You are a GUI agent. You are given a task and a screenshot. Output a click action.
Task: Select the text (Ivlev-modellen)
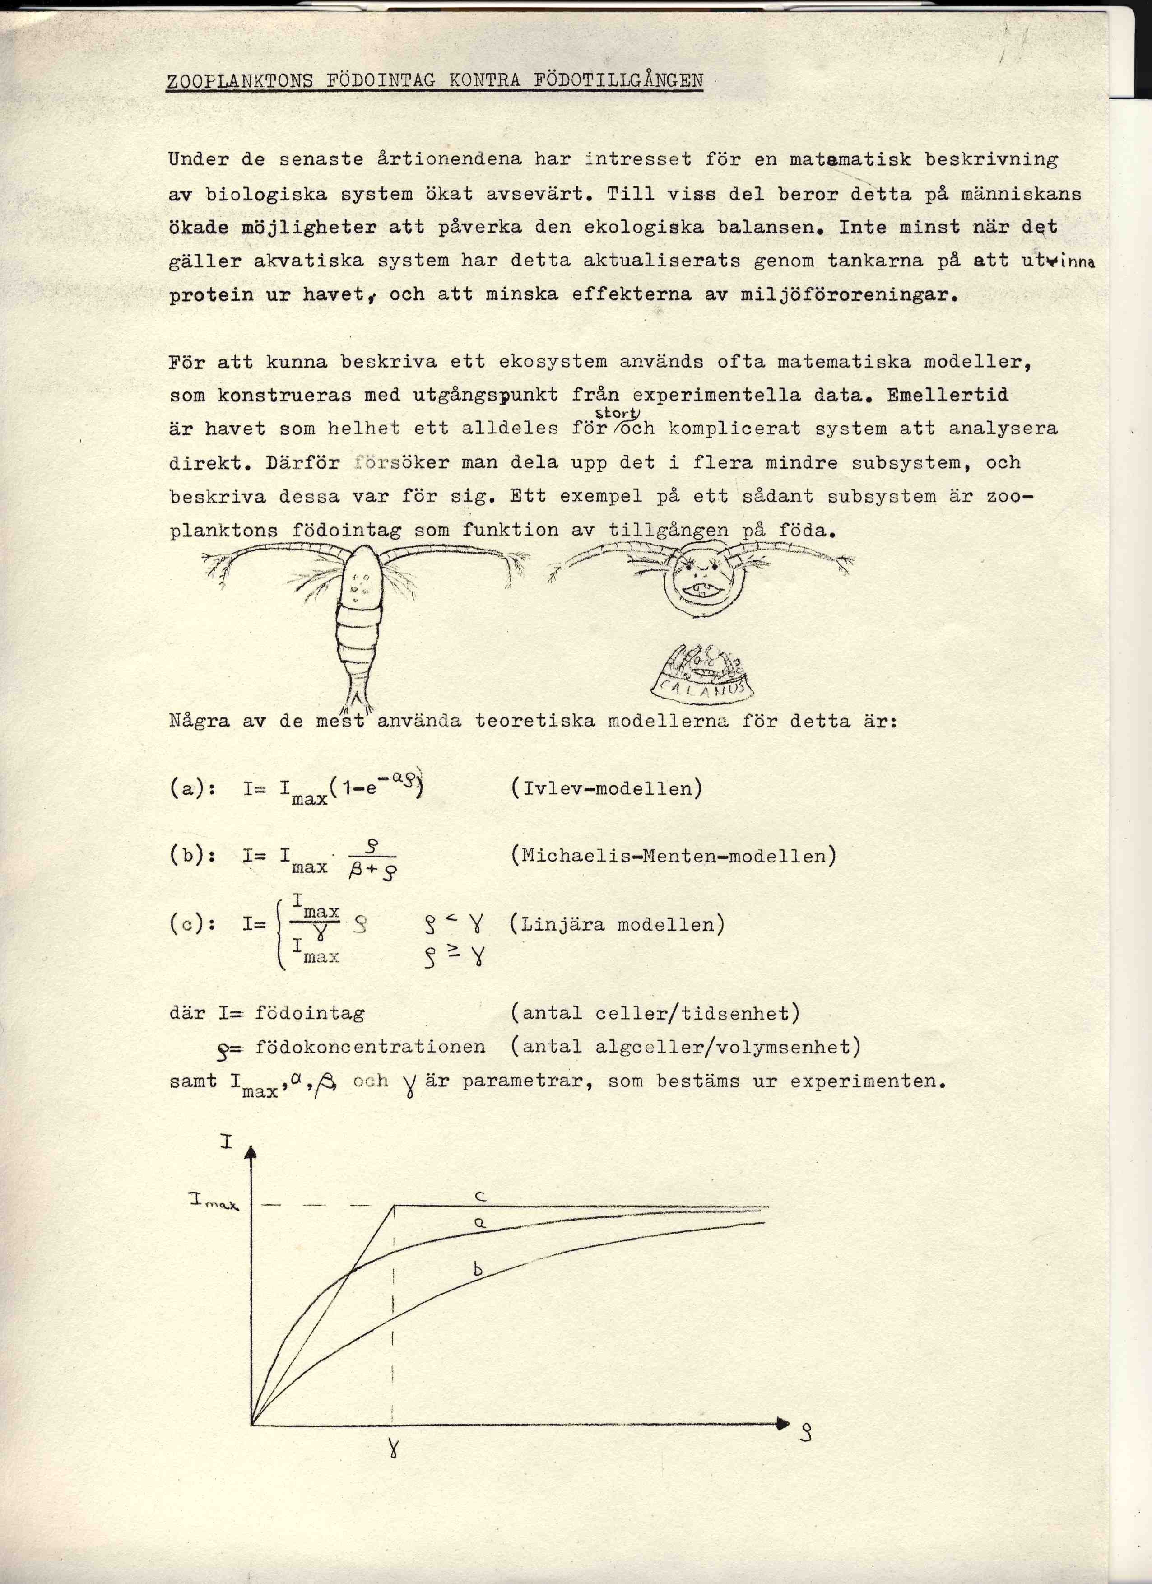pos(606,788)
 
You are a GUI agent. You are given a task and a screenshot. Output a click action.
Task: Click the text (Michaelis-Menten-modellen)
pos(673,856)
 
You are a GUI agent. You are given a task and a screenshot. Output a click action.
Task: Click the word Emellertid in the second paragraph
pos(948,395)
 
